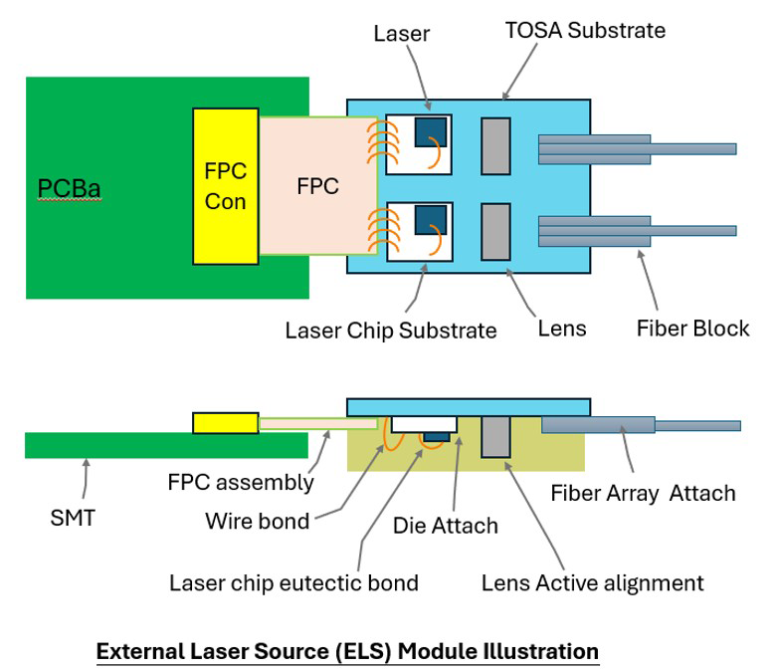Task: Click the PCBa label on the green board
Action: tap(70, 188)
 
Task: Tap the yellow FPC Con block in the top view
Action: tap(226, 186)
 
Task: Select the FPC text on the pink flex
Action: tap(317, 186)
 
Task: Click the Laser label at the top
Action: tap(401, 34)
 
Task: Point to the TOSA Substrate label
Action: tap(585, 30)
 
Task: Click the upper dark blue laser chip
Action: tap(431, 132)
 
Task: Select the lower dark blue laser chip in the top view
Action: tap(431, 220)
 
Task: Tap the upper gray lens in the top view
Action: tap(495, 146)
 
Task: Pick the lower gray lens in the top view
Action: tap(495, 232)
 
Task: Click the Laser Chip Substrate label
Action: tap(391, 331)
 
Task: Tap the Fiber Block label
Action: tap(692, 329)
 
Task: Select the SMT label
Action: tap(73, 518)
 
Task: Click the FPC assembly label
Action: tap(241, 482)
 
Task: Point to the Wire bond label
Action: tap(258, 521)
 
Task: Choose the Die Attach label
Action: tap(446, 526)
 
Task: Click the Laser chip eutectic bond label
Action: tap(293, 583)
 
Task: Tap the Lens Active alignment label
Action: tap(592, 583)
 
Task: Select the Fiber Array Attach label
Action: tap(643, 493)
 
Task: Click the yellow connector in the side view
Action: tap(226, 423)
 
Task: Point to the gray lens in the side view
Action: tap(495, 437)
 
